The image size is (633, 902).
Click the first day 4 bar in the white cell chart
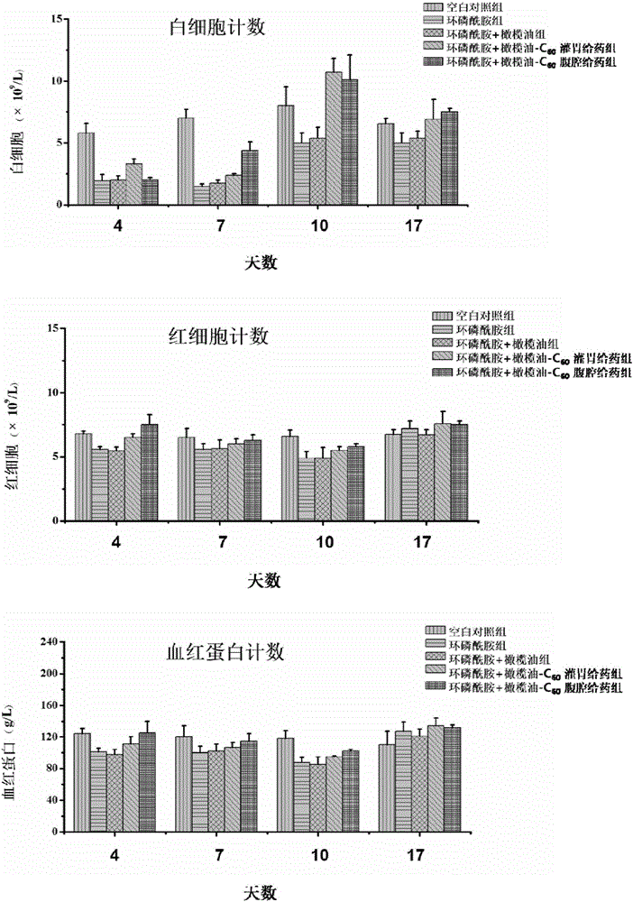pos(86,169)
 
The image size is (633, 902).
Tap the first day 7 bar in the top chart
pos(186,161)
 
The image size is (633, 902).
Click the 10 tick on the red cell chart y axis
pos(51,393)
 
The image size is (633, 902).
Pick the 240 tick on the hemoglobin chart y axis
pos(47,642)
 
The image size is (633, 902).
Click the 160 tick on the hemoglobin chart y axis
pos(47,705)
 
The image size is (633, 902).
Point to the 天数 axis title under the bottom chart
pos(261,891)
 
